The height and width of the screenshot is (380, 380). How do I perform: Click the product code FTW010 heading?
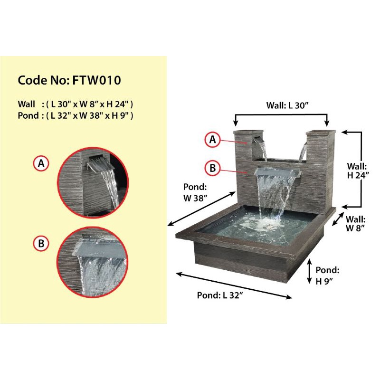click(69, 80)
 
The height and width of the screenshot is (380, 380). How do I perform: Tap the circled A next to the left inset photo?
click(41, 164)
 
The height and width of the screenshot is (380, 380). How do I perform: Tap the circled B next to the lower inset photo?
click(41, 244)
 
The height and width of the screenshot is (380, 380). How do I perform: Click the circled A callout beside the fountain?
click(213, 139)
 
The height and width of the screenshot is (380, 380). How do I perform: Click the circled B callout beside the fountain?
click(213, 167)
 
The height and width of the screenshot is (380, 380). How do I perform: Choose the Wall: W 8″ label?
click(355, 224)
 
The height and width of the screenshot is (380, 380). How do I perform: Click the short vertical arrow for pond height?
click(310, 271)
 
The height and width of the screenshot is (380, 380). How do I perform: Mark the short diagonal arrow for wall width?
click(338, 219)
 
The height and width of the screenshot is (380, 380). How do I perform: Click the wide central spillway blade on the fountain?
click(278, 171)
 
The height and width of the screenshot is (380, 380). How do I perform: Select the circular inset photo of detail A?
click(93, 182)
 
